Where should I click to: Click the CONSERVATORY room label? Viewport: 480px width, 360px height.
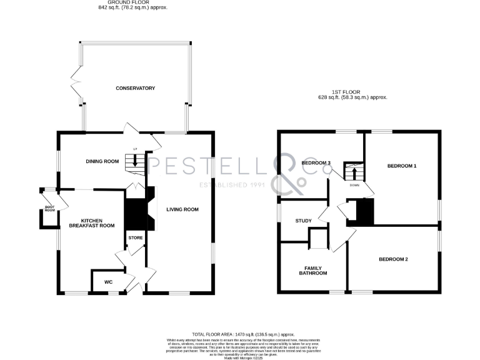[135, 88]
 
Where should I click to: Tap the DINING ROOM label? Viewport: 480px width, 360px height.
[102, 162]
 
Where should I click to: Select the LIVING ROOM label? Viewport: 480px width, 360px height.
[182, 209]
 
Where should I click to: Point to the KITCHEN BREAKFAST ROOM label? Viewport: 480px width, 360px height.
[91, 222]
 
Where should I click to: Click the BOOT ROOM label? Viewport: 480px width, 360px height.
[49, 209]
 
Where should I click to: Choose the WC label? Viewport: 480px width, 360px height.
[108, 282]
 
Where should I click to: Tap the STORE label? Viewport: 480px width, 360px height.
[136, 238]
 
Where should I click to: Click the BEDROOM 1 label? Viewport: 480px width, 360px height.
[401, 166]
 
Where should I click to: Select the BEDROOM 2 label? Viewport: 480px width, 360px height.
[392, 259]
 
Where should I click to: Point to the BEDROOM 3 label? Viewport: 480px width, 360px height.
[316, 163]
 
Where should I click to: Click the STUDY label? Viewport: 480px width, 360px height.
[304, 221]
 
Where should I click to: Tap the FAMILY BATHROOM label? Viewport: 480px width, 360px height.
[312, 270]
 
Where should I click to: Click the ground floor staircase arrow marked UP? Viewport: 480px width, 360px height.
[135, 161]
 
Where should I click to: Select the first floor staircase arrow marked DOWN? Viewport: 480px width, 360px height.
[354, 172]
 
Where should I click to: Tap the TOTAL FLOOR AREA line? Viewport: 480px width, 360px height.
[243, 335]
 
